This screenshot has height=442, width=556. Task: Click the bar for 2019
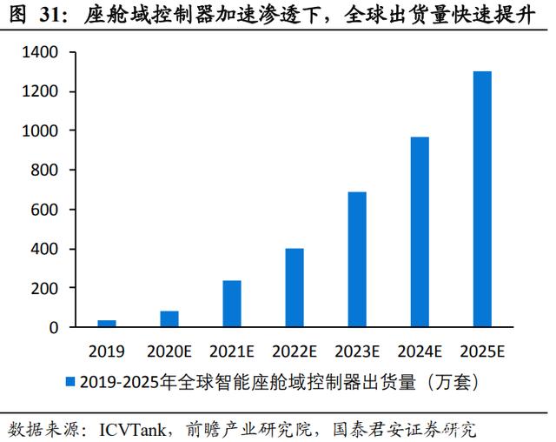[107, 323]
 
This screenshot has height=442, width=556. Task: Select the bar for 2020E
[169, 318]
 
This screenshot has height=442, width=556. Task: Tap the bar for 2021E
[232, 304]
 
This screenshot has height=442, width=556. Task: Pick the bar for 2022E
[295, 288]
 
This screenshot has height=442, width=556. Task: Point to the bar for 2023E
[357, 259]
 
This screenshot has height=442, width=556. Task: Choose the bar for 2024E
[420, 231]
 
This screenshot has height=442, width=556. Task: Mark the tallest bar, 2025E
[483, 198]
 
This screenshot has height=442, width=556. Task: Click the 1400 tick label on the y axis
[40, 52]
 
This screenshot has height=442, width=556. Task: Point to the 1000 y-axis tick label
[40, 131]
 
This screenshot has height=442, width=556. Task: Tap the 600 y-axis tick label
[44, 210]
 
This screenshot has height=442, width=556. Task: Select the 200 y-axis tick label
[44, 289]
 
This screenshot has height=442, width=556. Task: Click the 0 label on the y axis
[54, 328]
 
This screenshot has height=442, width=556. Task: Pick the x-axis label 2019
[107, 352]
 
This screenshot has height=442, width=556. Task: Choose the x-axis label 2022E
[295, 352]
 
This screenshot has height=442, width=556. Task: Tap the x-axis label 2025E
[483, 352]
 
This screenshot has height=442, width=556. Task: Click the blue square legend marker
[70, 382]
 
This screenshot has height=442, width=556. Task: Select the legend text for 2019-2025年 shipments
[280, 382]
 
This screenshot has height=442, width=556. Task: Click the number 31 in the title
[49, 16]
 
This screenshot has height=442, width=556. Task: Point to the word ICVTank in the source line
[132, 430]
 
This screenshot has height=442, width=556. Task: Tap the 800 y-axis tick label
[44, 171]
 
